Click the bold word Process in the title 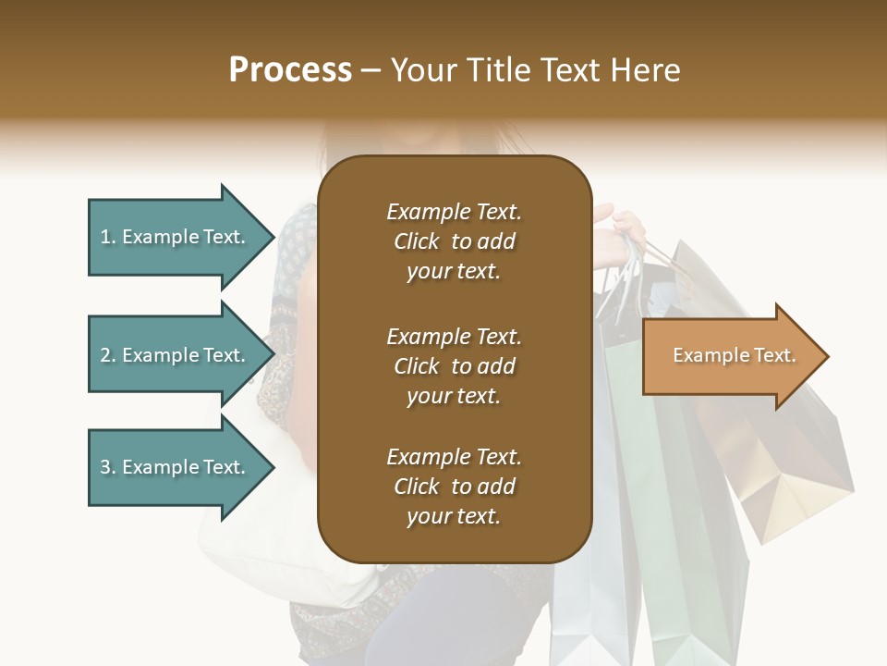tap(290, 69)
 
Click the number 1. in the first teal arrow tap(108, 237)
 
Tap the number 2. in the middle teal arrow tap(108, 355)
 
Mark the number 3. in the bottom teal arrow tap(108, 467)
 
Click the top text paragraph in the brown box tap(454, 241)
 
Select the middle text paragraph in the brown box tap(454, 365)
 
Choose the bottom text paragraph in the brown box tap(454, 487)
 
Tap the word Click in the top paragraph tap(416, 241)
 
